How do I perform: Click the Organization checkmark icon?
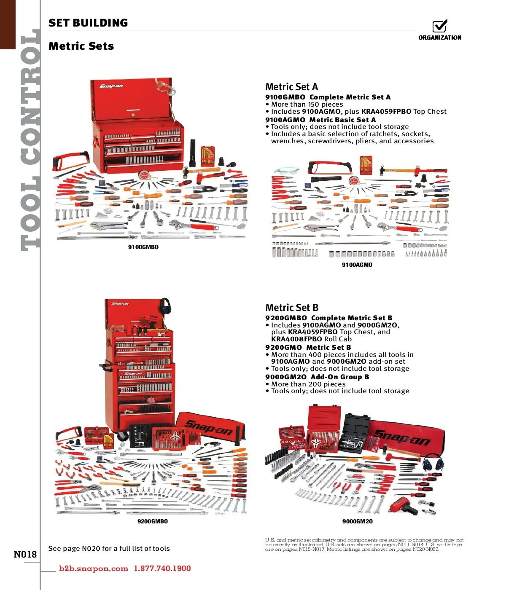click(x=439, y=26)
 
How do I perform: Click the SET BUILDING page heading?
click(x=88, y=23)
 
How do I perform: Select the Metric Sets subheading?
click(x=81, y=46)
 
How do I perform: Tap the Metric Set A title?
click(x=291, y=87)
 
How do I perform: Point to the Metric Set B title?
click(x=292, y=307)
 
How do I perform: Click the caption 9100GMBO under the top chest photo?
click(x=143, y=247)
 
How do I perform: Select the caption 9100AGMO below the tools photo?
click(x=357, y=265)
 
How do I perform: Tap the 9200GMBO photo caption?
click(x=153, y=521)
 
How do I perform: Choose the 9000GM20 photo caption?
click(x=357, y=521)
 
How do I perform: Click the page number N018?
click(x=25, y=554)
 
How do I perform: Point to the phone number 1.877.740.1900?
click(x=162, y=569)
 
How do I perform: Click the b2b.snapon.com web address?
click(x=93, y=569)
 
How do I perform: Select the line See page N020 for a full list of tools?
click(x=109, y=548)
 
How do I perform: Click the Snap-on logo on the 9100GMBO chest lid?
click(x=111, y=86)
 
